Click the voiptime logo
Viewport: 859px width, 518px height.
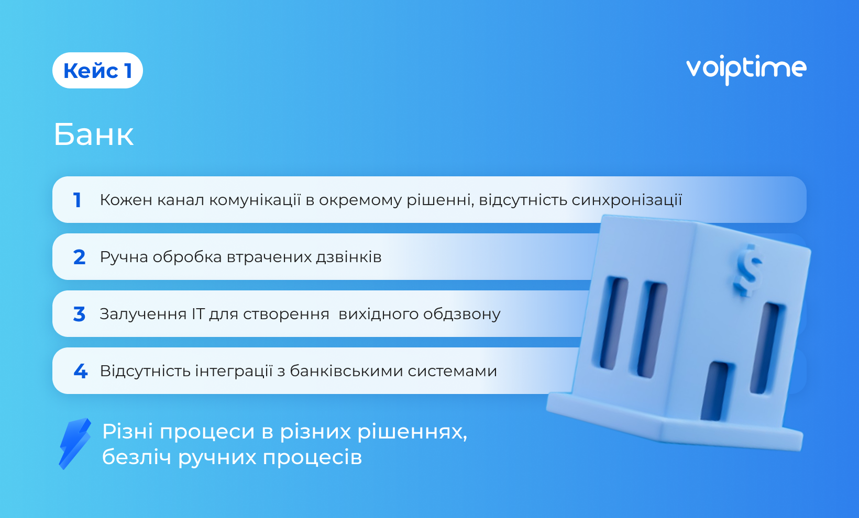[746, 70]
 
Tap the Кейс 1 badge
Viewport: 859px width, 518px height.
[97, 71]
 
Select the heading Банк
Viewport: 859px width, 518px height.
[94, 134]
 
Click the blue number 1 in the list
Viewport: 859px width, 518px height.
[77, 200]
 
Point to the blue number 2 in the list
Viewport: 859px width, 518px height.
[80, 257]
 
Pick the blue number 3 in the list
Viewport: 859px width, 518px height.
[80, 314]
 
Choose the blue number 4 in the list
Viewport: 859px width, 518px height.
[81, 371]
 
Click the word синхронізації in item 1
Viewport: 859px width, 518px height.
[627, 200]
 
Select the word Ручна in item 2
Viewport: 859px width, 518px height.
[124, 257]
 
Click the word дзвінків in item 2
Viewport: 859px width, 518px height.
[349, 257]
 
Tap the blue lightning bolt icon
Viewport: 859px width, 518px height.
[75, 444]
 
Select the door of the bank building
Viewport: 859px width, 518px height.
[714, 391]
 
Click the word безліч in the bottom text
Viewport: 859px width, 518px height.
[137, 457]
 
